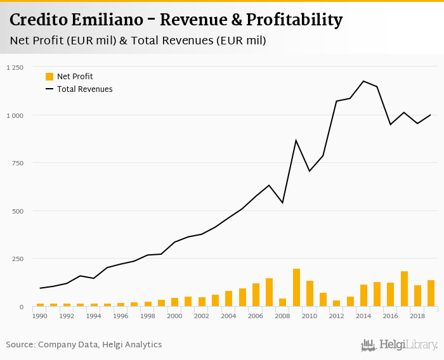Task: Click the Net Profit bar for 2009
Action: coord(296,288)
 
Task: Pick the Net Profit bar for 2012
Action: coord(337,303)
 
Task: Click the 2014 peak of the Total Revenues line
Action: coord(363,81)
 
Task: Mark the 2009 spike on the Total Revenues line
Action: coord(296,140)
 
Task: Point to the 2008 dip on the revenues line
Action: coord(282,203)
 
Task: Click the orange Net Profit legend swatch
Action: coord(49,77)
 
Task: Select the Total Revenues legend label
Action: coord(85,89)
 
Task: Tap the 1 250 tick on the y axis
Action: coord(15,67)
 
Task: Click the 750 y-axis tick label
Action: coord(17,163)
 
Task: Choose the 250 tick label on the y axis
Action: coord(17,259)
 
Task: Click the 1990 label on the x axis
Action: coord(40,315)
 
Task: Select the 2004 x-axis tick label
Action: coord(229,315)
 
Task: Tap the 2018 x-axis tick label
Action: coord(418,315)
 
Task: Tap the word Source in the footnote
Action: coord(20,345)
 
